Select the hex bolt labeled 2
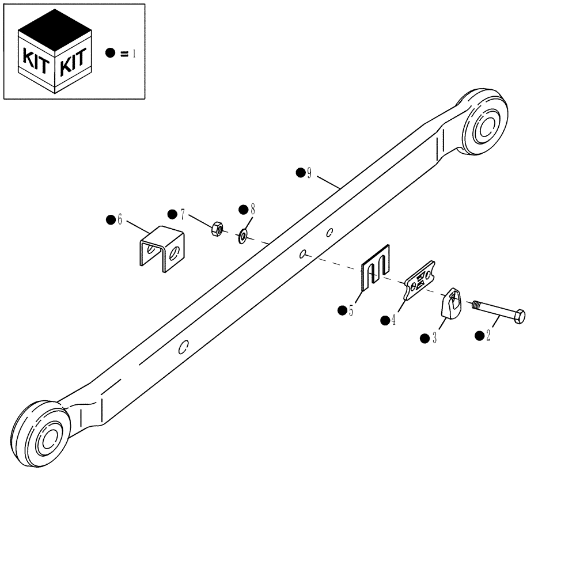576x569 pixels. [x=499, y=312]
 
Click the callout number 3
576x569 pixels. [x=434, y=338]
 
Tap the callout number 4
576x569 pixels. [x=393, y=320]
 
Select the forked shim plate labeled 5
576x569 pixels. [x=376, y=266]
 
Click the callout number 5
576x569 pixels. [x=351, y=311]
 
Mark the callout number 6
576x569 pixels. [x=120, y=220]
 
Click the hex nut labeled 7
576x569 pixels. [x=218, y=228]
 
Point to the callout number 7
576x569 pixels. [x=182, y=214]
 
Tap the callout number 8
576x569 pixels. [x=252, y=209]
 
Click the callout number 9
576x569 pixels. [x=309, y=173]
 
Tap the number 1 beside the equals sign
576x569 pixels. [x=134, y=54]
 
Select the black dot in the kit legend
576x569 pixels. [x=110, y=53]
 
